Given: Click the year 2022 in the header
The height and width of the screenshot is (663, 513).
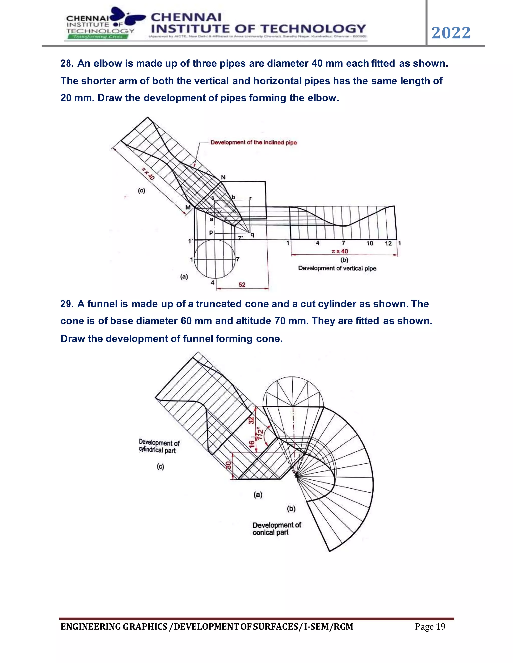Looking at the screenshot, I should pos(451,33).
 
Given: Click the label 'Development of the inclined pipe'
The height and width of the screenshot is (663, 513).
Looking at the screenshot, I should pos(253,142).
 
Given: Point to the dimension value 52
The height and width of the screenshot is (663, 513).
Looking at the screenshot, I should pos(242,285).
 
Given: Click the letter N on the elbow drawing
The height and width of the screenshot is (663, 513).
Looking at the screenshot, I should pos(223,177).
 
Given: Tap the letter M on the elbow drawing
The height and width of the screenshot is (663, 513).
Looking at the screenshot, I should pos(188,208).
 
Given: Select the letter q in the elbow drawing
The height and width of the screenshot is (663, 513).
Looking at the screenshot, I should pos(252,234).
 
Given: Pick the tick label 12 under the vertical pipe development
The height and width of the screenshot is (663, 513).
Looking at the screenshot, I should pos(388,243).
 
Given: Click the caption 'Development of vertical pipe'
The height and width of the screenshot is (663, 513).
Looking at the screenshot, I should pos(337,268).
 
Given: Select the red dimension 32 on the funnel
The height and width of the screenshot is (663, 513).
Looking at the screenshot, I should pos(251,420).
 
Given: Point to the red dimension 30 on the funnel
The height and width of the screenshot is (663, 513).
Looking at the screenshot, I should pos(228,465).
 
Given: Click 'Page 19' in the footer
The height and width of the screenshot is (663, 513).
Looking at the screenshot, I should pos(430,626).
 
